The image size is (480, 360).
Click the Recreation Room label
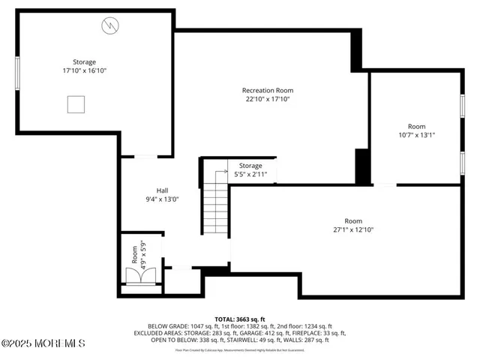266,90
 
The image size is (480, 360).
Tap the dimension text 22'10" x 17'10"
266,99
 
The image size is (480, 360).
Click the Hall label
162,190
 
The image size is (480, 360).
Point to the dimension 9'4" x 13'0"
162,199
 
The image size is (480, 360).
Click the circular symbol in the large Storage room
109,26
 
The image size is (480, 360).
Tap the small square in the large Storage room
76,104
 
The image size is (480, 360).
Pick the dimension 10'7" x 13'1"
416,136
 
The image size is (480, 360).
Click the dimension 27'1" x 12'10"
352,230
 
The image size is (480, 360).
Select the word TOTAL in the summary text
227,319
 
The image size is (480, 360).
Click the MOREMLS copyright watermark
43,343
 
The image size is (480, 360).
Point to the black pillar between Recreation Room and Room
362,166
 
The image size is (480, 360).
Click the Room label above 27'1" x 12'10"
352,221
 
